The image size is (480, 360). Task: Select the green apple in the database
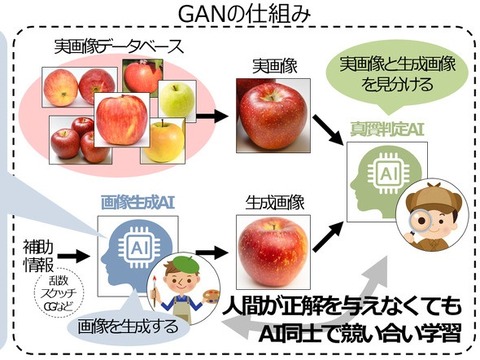click(x=178, y=99)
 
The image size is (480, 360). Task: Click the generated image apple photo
click(x=271, y=248)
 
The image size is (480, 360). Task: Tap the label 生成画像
click(x=270, y=199)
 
